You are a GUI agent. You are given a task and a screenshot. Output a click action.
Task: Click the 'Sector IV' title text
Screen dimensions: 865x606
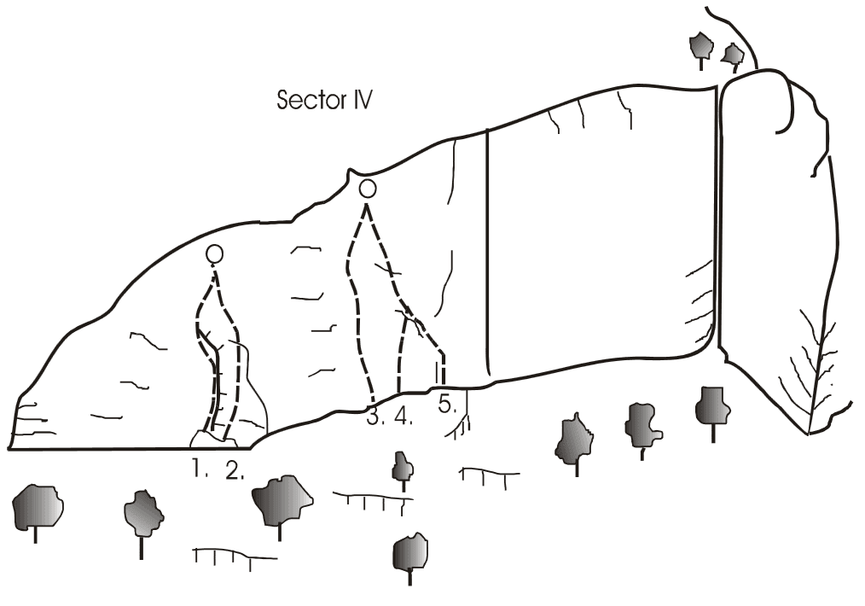324,100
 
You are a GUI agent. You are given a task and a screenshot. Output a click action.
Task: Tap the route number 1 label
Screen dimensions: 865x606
200,469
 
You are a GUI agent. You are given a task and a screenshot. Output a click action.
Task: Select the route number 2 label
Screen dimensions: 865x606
235,469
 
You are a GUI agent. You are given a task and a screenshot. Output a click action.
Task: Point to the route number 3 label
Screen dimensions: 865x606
375,417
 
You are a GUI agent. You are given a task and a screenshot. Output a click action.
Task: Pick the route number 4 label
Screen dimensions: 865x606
403,417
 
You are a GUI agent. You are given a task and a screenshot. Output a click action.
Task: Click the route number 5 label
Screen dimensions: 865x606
447,404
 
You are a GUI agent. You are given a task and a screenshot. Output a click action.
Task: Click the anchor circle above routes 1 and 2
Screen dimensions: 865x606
215,253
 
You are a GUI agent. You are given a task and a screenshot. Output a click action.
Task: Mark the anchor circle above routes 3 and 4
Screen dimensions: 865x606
368,189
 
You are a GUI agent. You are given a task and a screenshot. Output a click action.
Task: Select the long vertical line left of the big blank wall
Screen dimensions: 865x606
488,252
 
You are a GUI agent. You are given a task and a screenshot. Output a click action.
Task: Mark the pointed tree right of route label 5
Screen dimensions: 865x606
576,440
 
